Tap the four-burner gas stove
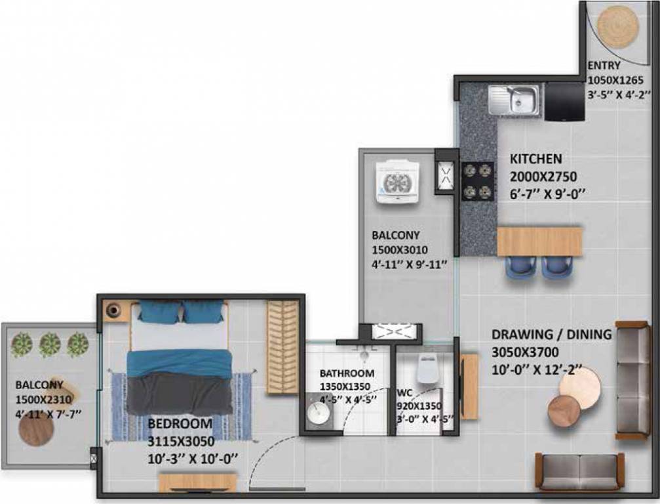pos(476,181)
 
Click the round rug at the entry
pos(617,26)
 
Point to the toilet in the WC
pos(427,369)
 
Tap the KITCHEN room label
pos(535,159)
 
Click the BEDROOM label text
pos(180,423)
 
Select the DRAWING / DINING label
pos(551,335)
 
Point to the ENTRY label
pos(604,66)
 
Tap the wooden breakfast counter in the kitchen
pos(539,241)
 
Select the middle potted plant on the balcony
pos(50,343)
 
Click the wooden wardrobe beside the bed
pos(282,348)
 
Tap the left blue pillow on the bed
pos(159,312)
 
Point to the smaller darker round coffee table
pos(564,410)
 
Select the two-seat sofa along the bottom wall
pos(579,471)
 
